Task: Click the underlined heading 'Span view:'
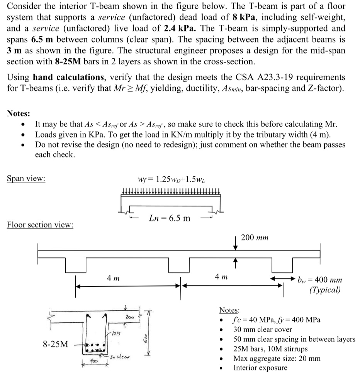(26, 179)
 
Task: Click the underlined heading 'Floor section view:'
(40, 225)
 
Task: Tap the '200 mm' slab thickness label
(255, 237)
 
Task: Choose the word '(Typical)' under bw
(325, 289)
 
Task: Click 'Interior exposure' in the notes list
(260, 367)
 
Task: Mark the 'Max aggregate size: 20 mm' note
(277, 358)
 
